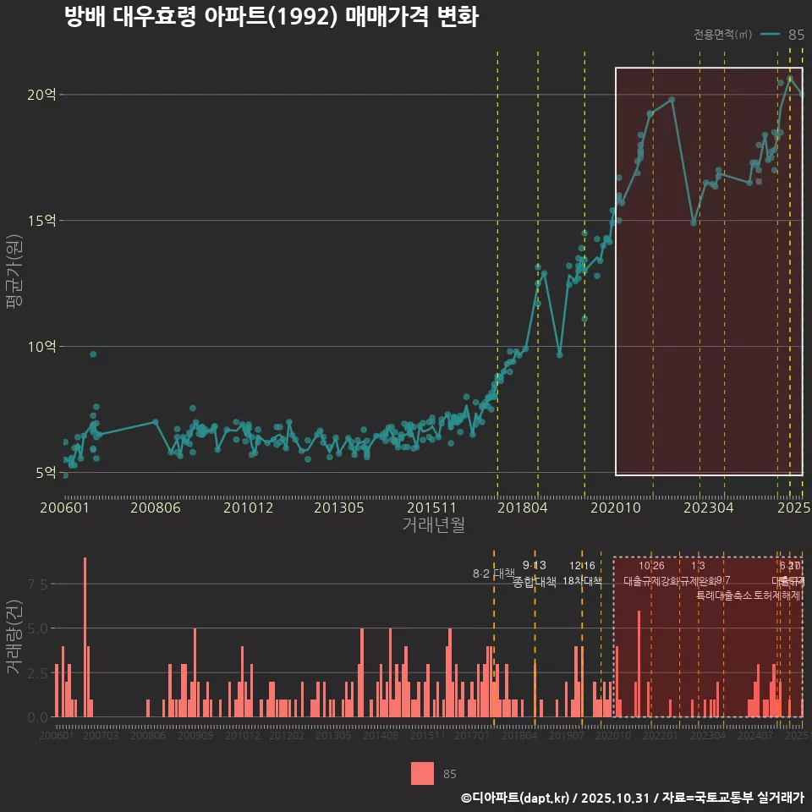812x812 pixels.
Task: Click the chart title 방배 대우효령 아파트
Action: coord(271,18)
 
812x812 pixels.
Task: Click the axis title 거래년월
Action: coord(433,525)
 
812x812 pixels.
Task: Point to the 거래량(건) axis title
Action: coord(14,637)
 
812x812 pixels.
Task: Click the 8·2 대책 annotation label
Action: coord(493,573)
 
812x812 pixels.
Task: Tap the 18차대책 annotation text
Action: coord(582,581)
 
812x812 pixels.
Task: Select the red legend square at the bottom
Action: coord(423,773)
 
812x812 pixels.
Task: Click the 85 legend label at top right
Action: coord(796,35)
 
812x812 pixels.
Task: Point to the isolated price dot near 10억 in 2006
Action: coord(93,354)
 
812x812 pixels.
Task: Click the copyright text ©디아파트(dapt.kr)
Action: coord(516,798)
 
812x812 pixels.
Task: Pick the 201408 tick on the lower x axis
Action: coord(381,736)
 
